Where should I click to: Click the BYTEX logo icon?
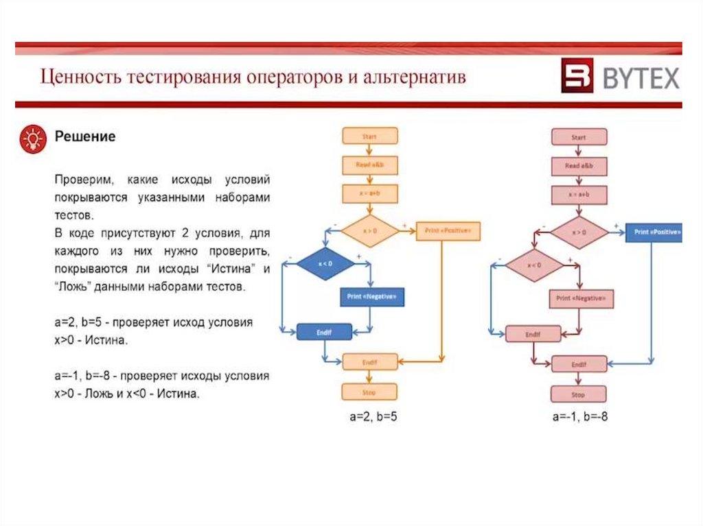tap(577, 75)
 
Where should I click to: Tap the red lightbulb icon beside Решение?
tap(32, 139)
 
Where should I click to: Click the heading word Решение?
tap(85, 136)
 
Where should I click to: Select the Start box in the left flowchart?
tap(369, 136)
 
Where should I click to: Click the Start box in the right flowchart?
tap(579, 137)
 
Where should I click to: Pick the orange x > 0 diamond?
tap(370, 231)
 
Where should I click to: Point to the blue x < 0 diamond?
tap(325, 263)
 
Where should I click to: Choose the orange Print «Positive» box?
tap(448, 231)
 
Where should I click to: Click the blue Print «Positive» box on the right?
tap(655, 232)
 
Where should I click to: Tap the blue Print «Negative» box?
tap(371, 296)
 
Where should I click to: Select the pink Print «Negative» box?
tap(581, 298)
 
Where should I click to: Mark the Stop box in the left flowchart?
tap(369, 392)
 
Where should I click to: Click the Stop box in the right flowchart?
tap(578, 394)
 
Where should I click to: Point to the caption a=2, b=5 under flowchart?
tap(370, 416)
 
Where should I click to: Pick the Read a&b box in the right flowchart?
tap(579, 167)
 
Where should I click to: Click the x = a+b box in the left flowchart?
tap(369, 194)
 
